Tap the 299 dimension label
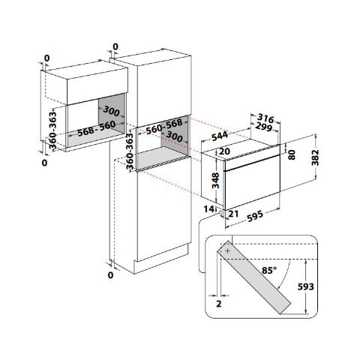tap(263, 129)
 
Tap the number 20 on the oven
tap(224, 151)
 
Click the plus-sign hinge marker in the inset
tap(223, 253)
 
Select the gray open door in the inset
tap(258, 277)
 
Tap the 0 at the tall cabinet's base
tap(110, 275)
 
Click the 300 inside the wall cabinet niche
tap(112, 109)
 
